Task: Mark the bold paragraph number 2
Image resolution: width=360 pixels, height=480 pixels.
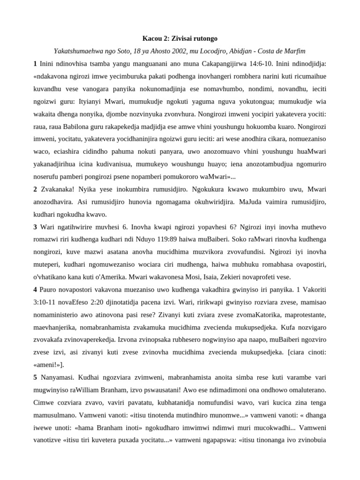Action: pos(35,189)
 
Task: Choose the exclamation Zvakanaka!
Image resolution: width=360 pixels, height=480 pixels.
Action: pos(58,189)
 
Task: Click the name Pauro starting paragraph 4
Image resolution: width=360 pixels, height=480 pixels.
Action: pos(49,290)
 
